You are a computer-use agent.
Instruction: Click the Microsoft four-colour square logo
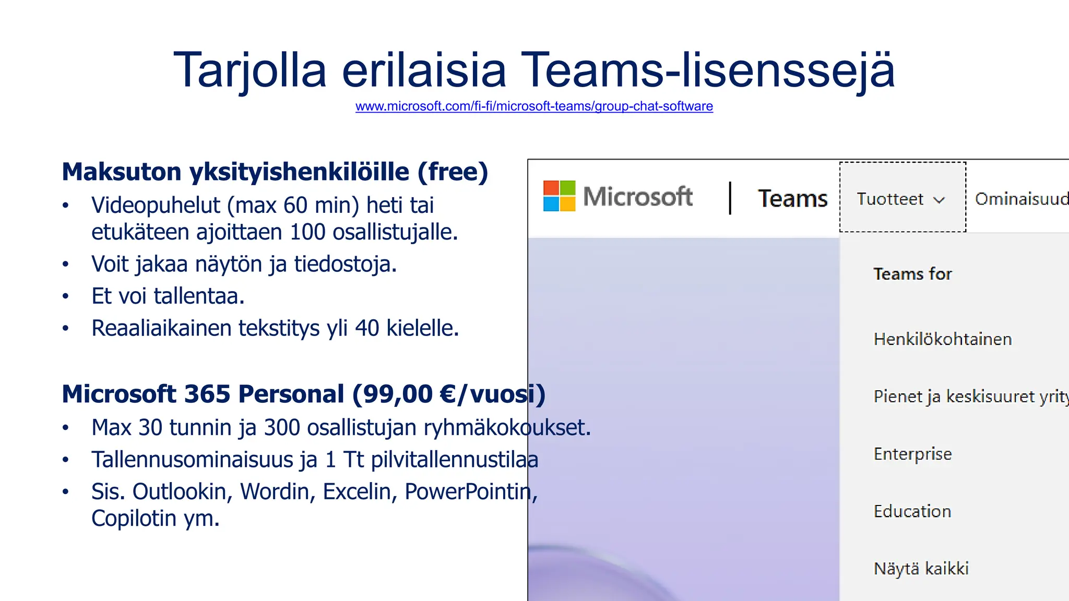pyautogui.click(x=559, y=196)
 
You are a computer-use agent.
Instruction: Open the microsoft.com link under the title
pyautogui.click(x=534, y=106)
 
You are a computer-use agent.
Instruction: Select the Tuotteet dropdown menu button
pyautogui.click(x=902, y=198)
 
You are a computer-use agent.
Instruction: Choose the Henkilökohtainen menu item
pyautogui.click(x=943, y=339)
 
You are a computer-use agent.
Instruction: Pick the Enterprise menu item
pyautogui.click(x=912, y=454)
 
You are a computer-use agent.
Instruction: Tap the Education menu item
pyautogui.click(x=912, y=511)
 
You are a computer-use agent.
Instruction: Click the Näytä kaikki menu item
pyautogui.click(x=921, y=568)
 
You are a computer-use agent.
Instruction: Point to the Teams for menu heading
pyautogui.click(x=912, y=274)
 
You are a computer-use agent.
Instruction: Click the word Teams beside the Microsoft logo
pyautogui.click(x=792, y=199)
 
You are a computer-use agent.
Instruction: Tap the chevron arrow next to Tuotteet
pyautogui.click(x=939, y=200)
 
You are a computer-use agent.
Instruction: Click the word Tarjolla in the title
pyautogui.click(x=250, y=70)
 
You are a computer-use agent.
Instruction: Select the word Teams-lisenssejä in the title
pyautogui.click(x=708, y=70)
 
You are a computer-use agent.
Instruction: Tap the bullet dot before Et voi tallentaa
pyautogui.click(x=65, y=296)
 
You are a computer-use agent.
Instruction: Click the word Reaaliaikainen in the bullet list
pyautogui.click(x=161, y=328)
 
